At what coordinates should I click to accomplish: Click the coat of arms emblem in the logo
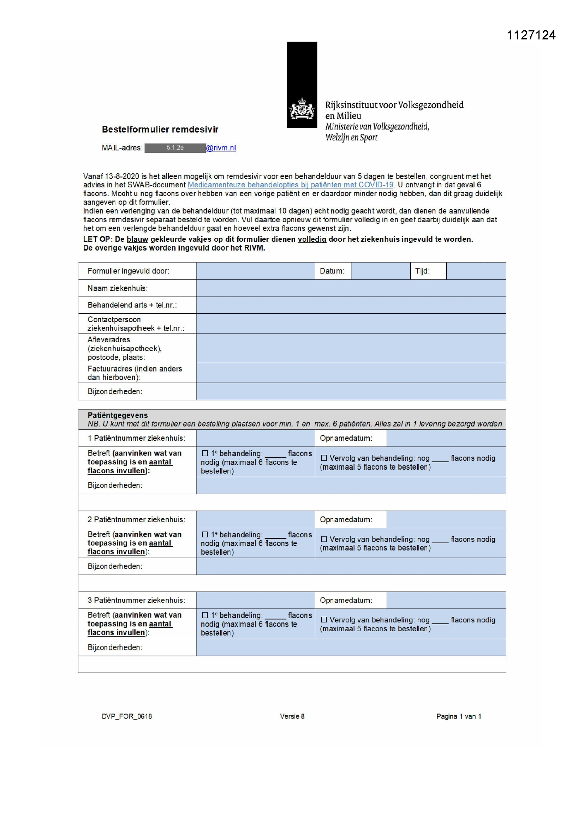[302, 109]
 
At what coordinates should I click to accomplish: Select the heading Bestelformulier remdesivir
[160, 130]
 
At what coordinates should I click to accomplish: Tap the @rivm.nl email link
[221, 148]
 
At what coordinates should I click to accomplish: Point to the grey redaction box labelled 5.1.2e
[175, 148]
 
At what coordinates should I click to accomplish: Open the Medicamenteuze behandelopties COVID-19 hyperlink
[290, 185]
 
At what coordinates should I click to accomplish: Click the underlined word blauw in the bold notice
[137, 239]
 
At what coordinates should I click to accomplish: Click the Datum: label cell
[332, 271]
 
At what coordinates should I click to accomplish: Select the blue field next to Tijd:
[476, 271]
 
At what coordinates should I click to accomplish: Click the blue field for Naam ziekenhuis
[351, 288]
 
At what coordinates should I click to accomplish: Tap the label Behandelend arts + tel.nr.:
[132, 305]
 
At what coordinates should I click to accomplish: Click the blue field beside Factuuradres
[351, 373]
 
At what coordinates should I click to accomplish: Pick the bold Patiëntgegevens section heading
[118, 415]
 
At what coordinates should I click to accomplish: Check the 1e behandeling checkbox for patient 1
[205, 453]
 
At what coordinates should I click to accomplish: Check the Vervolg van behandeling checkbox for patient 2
[324, 539]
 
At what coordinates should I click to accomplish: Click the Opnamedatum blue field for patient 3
[446, 600]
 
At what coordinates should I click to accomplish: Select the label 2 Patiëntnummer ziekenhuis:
[136, 519]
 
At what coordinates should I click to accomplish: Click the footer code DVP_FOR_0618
[127, 716]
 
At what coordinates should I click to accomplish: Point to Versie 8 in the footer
[292, 716]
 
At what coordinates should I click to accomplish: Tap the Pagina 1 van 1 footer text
[459, 716]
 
